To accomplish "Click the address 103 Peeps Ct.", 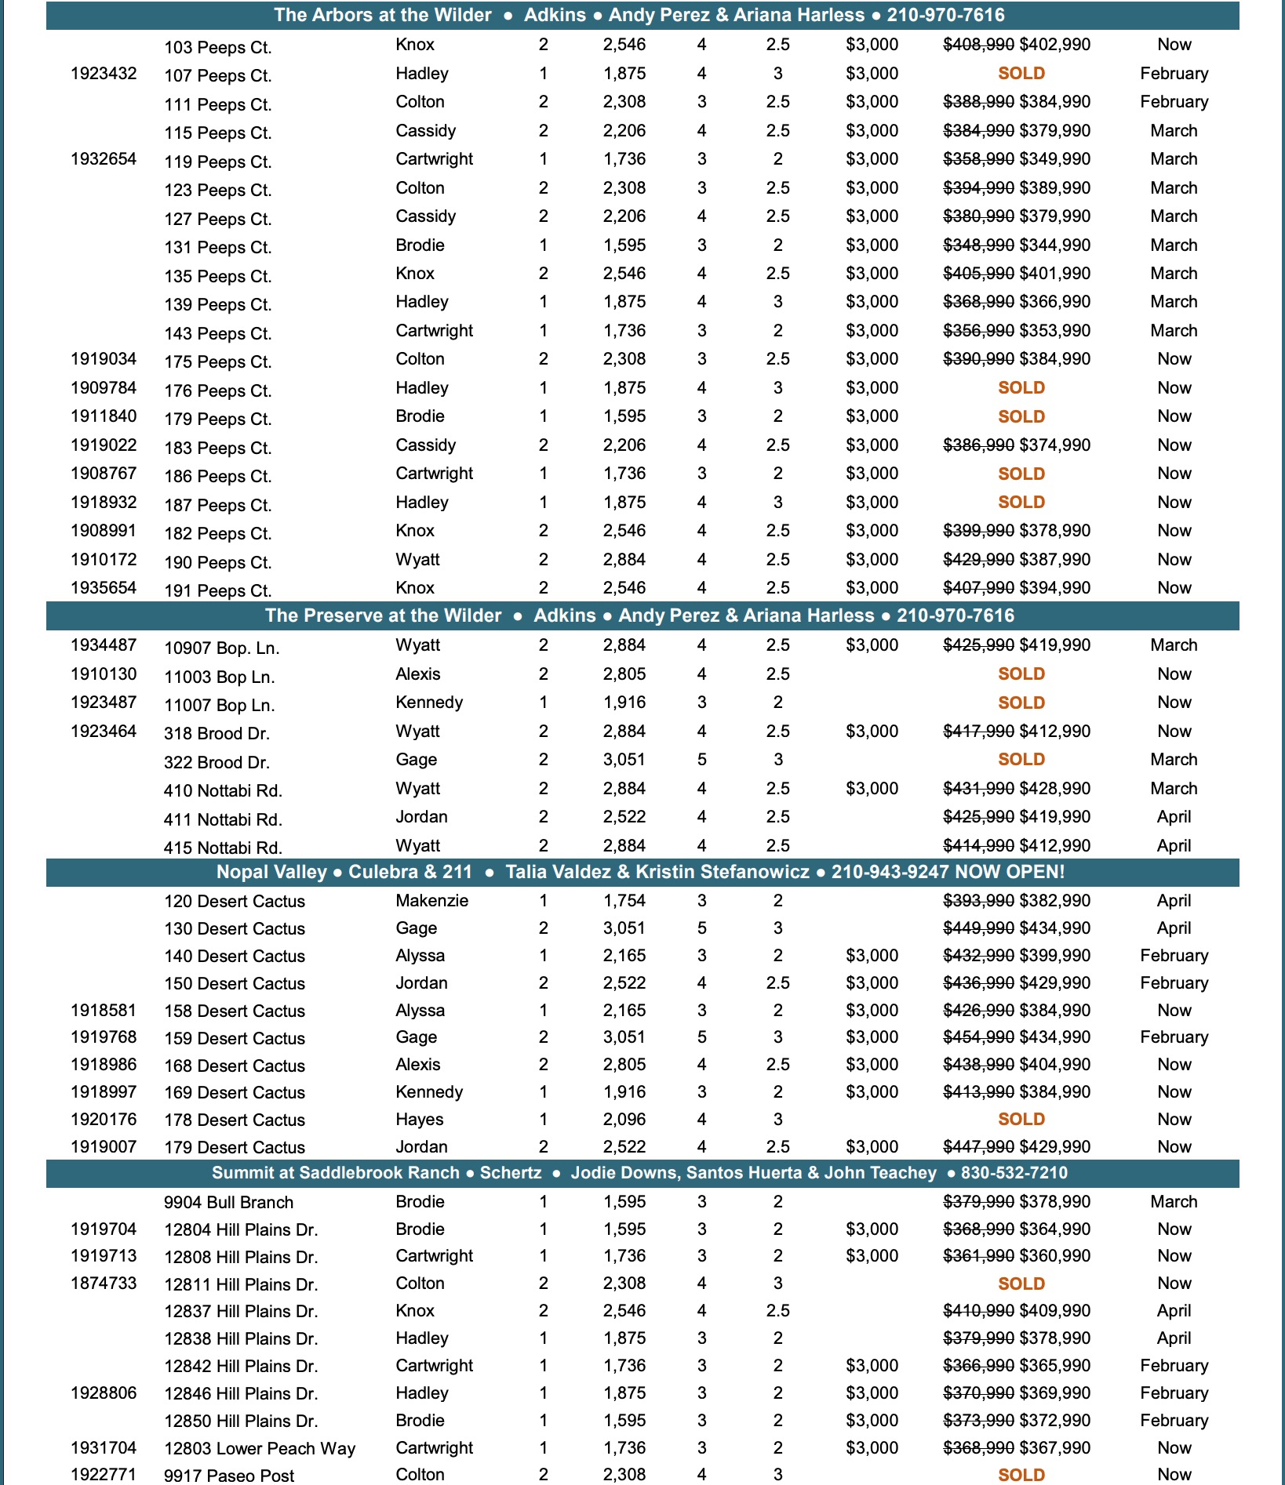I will tap(217, 47).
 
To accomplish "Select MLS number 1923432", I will tap(104, 74).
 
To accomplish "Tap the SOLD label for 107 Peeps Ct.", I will tap(1021, 74).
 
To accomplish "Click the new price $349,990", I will tap(1054, 159).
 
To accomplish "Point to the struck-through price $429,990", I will tap(978, 560).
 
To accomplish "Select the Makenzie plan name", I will tap(431, 901).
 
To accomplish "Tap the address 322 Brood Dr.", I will tap(217, 762).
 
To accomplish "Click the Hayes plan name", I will tap(420, 1120).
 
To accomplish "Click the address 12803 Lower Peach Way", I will tap(259, 1449).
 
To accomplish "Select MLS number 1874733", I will tap(104, 1283).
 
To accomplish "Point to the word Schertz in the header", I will tap(510, 1173).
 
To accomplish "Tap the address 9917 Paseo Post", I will tap(228, 1476).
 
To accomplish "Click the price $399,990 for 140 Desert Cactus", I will tap(1054, 956).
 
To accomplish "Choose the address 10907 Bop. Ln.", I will tap(221, 648).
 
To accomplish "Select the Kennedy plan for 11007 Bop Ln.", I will tap(429, 703).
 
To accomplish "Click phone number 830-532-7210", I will tap(1014, 1173).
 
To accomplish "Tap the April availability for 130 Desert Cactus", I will tap(1174, 928).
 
